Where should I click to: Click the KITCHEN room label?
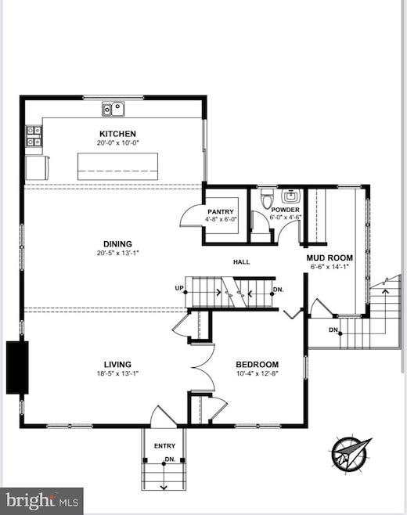[x=117, y=134]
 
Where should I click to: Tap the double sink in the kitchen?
[x=113, y=109]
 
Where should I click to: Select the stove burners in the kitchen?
[x=34, y=136]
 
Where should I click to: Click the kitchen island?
[x=117, y=167]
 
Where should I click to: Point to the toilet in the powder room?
[x=267, y=198]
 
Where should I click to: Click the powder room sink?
[x=291, y=196]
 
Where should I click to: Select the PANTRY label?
[x=221, y=212]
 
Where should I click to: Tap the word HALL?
[x=241, y=262]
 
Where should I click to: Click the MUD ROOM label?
[x=330, y=257]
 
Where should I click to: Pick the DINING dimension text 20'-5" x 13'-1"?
[x=117, y=253]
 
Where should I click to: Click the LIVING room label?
[x=117, y=365]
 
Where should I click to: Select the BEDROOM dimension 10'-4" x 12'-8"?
[x=258, y=373]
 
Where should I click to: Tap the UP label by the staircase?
[x=179, y=288]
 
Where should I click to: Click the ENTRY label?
[x=164, y=446]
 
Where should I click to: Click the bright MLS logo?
[x=41, y=501]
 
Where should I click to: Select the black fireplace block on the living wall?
[x=17, y=368]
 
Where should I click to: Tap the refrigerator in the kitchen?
[x=38, y=167]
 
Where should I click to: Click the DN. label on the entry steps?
[x=170, y=459]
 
